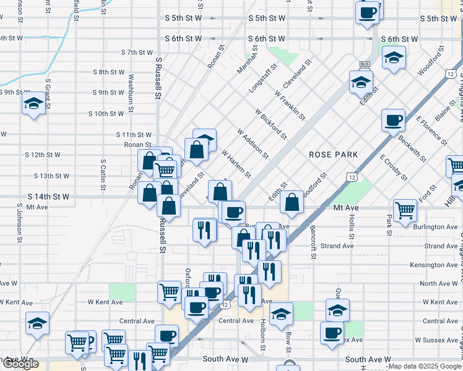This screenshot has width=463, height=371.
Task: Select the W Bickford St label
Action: pos(270,123)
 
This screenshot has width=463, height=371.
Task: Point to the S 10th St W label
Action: pos(106,114)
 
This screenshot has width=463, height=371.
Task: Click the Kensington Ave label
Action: pos(436,265)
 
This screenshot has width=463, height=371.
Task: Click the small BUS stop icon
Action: pos(365,64)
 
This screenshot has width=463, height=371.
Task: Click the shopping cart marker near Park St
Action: pos(405,210)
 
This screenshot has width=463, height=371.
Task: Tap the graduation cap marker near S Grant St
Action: pos(33,104)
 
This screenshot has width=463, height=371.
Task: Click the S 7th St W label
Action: pos(137,53)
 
